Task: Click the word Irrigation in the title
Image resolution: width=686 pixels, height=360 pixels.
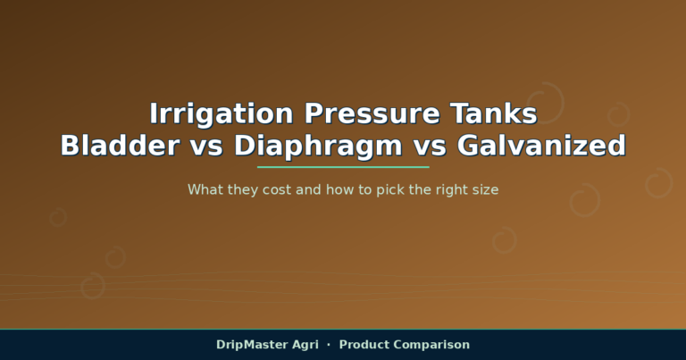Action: (222, 114)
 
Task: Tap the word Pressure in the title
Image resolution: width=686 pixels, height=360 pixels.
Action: (372, 113)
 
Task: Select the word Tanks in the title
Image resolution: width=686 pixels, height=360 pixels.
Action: (493, 113)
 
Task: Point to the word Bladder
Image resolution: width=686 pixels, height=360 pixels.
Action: (120, 146)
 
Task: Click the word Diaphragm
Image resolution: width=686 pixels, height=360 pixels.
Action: (318, 147)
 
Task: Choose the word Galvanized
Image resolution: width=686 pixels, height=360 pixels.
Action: (541, 146)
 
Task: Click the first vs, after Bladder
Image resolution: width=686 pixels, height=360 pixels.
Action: (206, 148)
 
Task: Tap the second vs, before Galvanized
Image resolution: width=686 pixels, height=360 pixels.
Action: (430, 148)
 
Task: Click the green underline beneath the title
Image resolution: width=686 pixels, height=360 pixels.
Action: (343, 167)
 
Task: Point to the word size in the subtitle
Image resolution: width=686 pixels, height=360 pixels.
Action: (485, 190)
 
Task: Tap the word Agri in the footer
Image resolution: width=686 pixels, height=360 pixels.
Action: (305, 345)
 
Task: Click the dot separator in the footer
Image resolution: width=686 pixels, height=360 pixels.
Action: (329, 345)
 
